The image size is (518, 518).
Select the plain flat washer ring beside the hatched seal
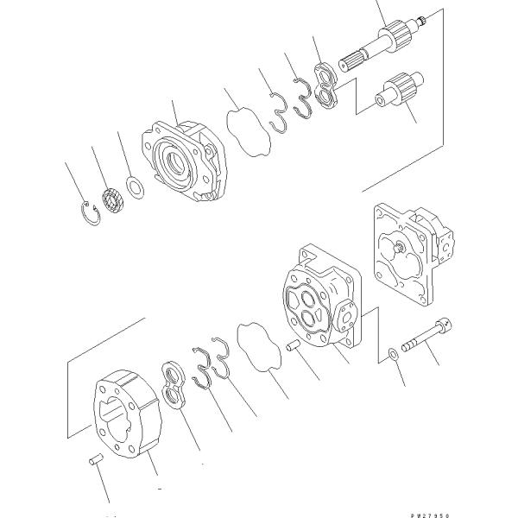click(x=136, y=186)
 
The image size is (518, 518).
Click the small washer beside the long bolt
click(x=395, y=351)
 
